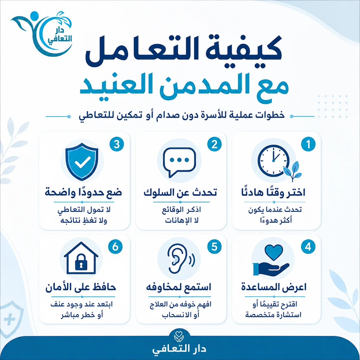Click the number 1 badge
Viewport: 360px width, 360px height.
click(308, 144)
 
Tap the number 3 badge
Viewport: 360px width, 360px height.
click(117, 144)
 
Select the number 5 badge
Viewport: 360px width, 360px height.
click(214, 247)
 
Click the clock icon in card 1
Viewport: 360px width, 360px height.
click(274, 161)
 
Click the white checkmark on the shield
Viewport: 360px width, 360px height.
click(82, 162)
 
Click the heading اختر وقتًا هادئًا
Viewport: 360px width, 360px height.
click(273, 193)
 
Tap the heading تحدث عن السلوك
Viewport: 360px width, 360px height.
click(180, 193)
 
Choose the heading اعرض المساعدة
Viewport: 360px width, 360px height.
click(274, 287)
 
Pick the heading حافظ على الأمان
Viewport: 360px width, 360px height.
click(81, 287)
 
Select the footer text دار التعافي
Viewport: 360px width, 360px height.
click(179, 349)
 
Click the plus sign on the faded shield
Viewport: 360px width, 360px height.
click(9, 319)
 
